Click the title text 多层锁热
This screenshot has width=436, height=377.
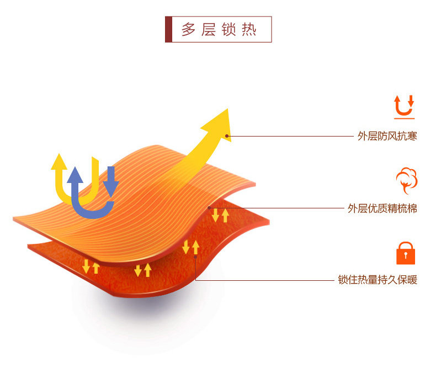pos(219,29)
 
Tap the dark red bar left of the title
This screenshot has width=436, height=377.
pos(168,29)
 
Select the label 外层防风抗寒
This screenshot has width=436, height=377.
pos(387,136)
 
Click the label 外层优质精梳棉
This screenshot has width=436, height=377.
pos(382,208)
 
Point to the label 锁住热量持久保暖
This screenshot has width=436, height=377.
pos(377,280)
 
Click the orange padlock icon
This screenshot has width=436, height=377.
pos(406,253)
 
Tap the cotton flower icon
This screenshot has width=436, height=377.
pos(407,180)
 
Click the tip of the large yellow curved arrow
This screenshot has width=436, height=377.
pos(228,109)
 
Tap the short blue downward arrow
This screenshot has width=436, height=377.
pos(111,181)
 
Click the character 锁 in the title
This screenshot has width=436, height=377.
pos(228,29)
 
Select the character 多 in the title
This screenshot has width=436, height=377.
pos(189,29)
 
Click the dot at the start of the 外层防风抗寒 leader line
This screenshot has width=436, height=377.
pos(227,136)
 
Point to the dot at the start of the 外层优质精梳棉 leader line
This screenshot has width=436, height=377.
pos(209,208)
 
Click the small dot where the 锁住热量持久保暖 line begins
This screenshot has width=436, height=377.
pos(195,257)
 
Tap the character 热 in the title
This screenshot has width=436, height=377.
pos(249,29)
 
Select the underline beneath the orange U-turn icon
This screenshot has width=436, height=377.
pos(405,118)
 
